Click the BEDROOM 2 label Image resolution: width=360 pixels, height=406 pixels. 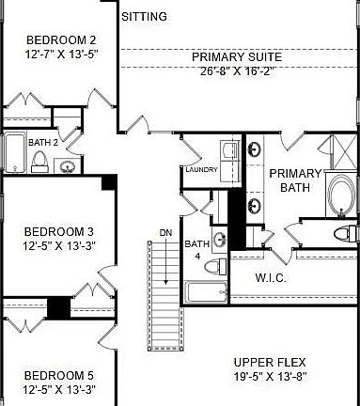point(60,39)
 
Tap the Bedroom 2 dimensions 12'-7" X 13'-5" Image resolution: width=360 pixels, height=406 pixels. point(60,54)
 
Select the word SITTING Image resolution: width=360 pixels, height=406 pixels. point(146,16)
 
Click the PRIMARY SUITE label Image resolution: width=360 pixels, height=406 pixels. point(236,57)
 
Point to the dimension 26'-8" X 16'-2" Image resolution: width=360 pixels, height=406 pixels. point(236,71)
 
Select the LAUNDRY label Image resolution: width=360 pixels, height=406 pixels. point(202,170)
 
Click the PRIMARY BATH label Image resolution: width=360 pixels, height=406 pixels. point(294,180)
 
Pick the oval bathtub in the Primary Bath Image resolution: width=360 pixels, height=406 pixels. point(340,196)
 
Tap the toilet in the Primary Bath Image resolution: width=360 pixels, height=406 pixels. point(342,232)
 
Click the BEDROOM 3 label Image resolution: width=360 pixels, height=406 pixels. point(58,232)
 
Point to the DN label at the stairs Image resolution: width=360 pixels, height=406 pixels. point(165,232)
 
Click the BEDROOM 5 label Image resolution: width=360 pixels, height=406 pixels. point(58,375)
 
